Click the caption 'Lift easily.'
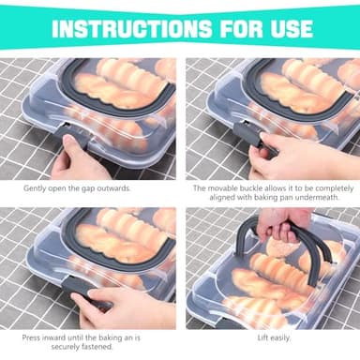[x=272, y=336]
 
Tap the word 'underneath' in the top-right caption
[x=316, y=198]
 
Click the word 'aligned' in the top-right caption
[x=231, y=198]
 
